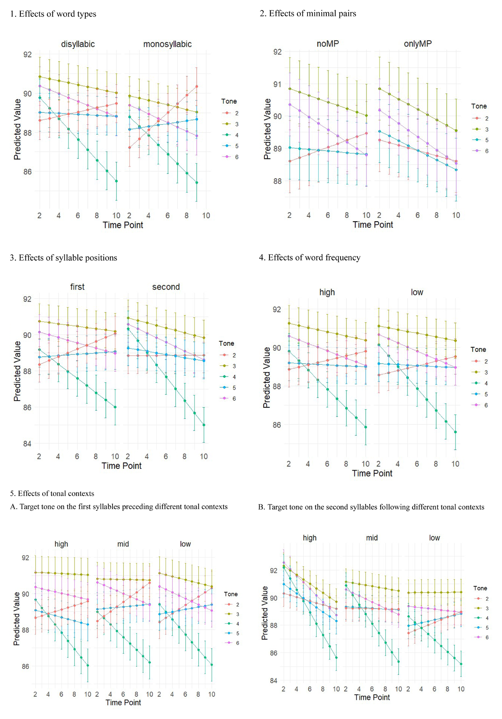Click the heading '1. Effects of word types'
(x=53, y=14)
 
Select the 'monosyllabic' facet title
(x=167, y=44)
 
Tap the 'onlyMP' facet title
(x=417, y=43)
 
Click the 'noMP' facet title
(x=328, y=43)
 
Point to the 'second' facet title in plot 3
(x=166, y=287)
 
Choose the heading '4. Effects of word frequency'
(x=310, y=258)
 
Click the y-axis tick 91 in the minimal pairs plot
(x=277, y=84)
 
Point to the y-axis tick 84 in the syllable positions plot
(x=27, y=444)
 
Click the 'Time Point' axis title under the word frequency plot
(x=372, y=473)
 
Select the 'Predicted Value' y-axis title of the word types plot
(x=17, y=129)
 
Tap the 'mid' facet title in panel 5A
(x=123, y=544)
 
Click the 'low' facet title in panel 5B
(x=434, y=538)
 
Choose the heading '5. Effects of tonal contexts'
(x=52, y=494)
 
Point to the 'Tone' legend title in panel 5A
(x=231, y=594)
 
